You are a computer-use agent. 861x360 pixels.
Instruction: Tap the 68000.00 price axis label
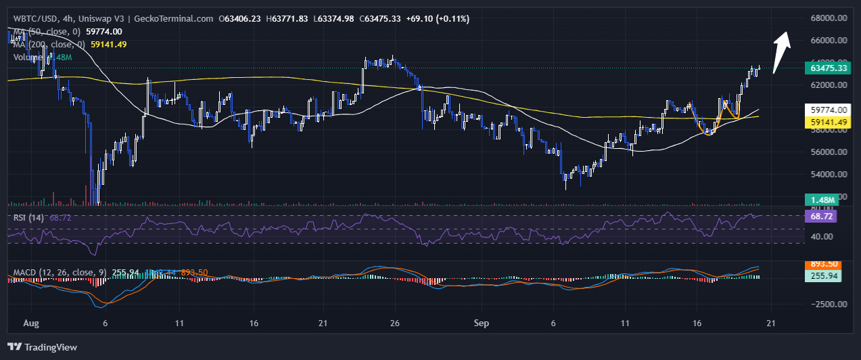pos(829,18)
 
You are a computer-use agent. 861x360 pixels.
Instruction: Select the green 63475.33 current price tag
pos(829,68)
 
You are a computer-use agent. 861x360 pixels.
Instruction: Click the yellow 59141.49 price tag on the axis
pos(829,122)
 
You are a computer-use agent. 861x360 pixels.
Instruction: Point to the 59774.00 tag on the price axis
pos(829,110)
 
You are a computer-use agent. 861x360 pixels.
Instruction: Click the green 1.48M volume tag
pos(823,200)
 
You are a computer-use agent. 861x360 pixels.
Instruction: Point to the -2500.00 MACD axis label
pos(827,304)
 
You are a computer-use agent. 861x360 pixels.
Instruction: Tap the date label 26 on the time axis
pos(396,324)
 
